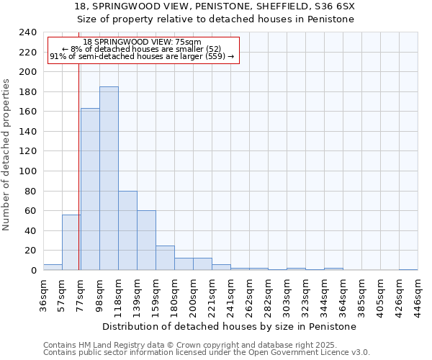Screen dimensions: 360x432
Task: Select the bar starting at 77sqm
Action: pos(90,189)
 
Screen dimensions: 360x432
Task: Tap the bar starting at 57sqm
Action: pos(71,242)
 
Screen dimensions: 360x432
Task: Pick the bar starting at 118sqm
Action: pos(127,230)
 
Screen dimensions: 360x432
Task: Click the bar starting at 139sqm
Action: pos(146,240)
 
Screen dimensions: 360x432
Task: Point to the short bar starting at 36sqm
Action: pos(53,267)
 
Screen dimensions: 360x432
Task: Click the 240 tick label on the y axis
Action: pos(28,32)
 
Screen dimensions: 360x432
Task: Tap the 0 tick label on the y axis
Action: pos(34,271)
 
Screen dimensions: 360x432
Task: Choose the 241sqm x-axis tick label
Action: pos(231,294)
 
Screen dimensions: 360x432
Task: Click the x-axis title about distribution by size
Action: pos(230,326)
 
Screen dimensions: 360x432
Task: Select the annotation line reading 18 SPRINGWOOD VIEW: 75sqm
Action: pos(142,42)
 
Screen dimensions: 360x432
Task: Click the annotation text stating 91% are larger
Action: pos(142,57)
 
